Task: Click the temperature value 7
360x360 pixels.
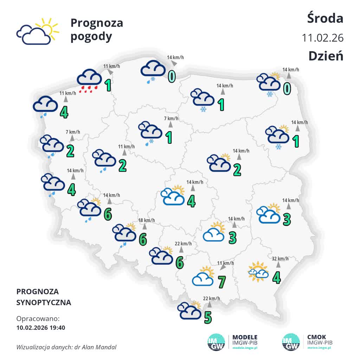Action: click(221, 281)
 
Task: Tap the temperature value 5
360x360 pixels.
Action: click(208, 317)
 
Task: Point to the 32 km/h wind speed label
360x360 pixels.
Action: click(280, 259)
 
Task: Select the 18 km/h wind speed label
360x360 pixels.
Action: click(147, 220)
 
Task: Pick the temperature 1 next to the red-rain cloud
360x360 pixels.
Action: click(108, 85)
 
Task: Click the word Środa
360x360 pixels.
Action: click(325, 18)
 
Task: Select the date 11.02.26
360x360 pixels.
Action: click(322, 38)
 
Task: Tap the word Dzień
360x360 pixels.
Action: click(326, 56)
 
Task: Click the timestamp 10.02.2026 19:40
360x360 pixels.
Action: click(41, 328)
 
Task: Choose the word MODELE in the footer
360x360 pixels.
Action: click(245, 337)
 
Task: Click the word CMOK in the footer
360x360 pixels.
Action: click(316, 337)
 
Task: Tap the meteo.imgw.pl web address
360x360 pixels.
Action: click(319, 347)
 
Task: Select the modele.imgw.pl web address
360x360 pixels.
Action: click(245, 347)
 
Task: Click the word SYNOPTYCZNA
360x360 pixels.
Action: click(44, 302)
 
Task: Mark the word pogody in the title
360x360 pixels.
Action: click(91, 36)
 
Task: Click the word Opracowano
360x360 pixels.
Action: click(38, 319)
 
